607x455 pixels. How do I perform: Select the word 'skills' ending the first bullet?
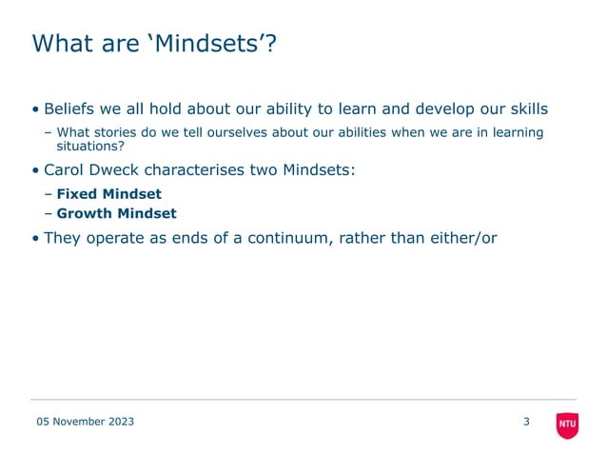526,108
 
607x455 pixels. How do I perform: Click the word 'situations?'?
90,147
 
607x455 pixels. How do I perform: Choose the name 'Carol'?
66,170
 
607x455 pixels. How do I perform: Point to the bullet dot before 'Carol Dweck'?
35,171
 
